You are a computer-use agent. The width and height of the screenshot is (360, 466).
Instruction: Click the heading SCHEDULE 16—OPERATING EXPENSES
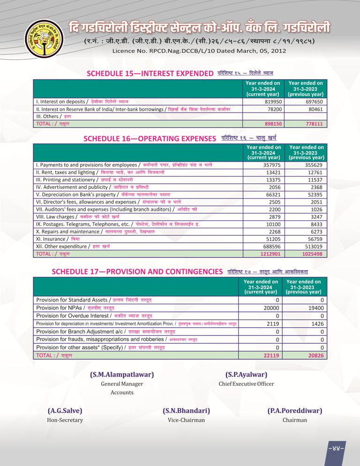coord(150,139)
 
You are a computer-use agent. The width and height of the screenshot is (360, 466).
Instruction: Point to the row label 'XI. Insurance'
coord(52,239)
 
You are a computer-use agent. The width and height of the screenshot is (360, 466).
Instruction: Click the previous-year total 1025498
coord(312,254)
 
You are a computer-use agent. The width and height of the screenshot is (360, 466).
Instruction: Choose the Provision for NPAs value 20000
coord(271,308)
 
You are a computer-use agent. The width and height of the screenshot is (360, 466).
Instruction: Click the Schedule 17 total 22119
coord(271,355)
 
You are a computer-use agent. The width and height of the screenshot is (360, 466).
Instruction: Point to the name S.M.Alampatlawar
coord(122,375)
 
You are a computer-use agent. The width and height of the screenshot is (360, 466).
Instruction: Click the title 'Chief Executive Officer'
coord(246,383)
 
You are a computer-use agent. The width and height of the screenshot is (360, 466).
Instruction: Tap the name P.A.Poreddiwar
coord(295,411)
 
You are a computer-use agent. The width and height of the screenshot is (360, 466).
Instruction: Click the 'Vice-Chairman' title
coord(186,420)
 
